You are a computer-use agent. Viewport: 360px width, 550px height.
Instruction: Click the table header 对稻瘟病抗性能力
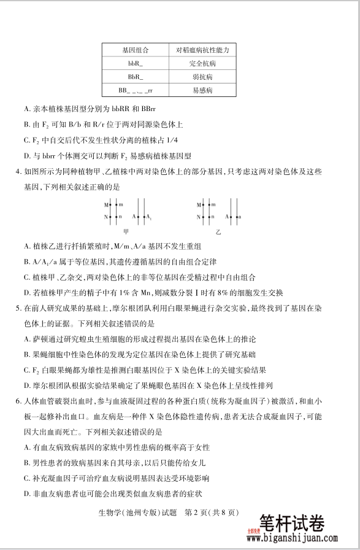(202, 50)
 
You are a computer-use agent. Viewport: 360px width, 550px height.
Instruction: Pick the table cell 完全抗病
(202, 63)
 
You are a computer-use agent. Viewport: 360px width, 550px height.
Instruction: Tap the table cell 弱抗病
(202, 77)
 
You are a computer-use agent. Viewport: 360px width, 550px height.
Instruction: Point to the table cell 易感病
(202, 90)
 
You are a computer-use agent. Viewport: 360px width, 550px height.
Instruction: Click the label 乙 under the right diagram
(218, 233)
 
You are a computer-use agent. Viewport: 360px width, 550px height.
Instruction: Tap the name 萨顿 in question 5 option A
(41, 339)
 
